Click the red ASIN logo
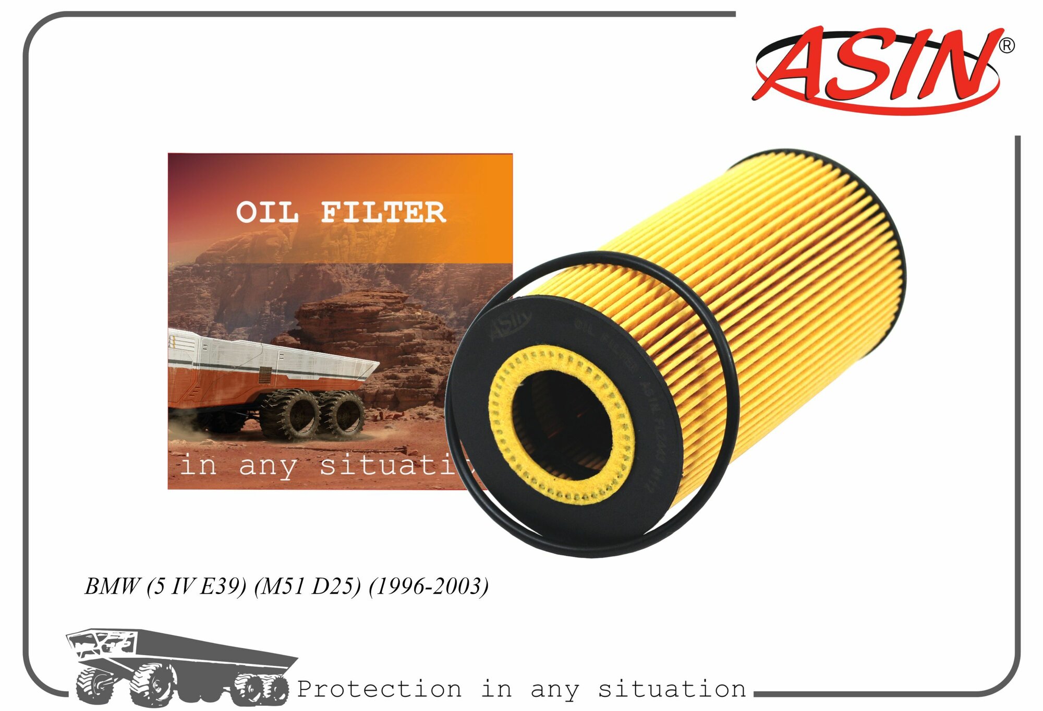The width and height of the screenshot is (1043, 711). pos(876,68)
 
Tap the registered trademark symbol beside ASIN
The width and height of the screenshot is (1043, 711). pos(1006,46)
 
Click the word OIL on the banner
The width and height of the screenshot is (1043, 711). pos(267,213)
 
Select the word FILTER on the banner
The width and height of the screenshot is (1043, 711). pos(383,213)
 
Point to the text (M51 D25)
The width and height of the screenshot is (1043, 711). pos(307,586)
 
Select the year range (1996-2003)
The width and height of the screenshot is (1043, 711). pos(428,586)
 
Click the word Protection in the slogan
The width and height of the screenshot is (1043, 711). pos(379,689)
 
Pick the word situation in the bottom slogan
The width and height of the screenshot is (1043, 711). pos(672,689)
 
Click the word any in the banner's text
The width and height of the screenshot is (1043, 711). pos(267,466)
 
